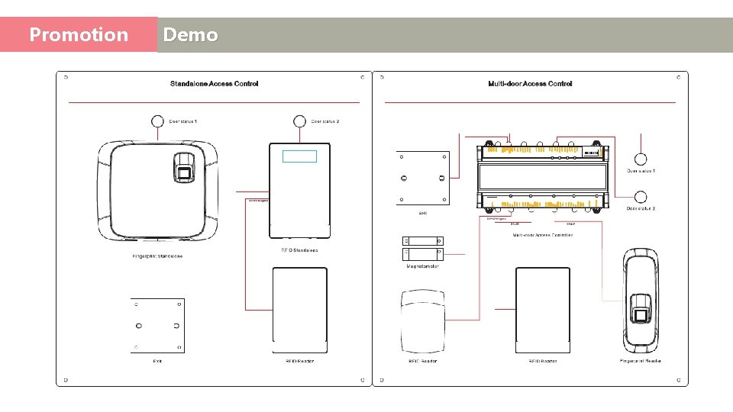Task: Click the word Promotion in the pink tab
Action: click(79, 35)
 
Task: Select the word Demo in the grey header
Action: click(190, 35)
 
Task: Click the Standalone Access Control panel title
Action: click(214, 84)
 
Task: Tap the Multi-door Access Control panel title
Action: click(530, 84)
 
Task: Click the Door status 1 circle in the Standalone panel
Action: click(157, 121)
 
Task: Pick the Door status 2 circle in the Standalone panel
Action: click(299, 121)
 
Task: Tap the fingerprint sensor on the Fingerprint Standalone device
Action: click(184, 168)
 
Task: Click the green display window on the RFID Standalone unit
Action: click(299, 156)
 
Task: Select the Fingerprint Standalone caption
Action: click(157, 256)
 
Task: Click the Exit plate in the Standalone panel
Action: click(157, 326)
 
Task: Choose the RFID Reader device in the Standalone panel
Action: click(300, 309)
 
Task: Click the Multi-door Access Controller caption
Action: click(543, 235)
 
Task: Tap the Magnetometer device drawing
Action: click(422, 248)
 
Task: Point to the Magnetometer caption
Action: click(422, 267)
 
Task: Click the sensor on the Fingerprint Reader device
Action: click(641, 313)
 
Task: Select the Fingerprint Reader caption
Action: click(641, 361)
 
